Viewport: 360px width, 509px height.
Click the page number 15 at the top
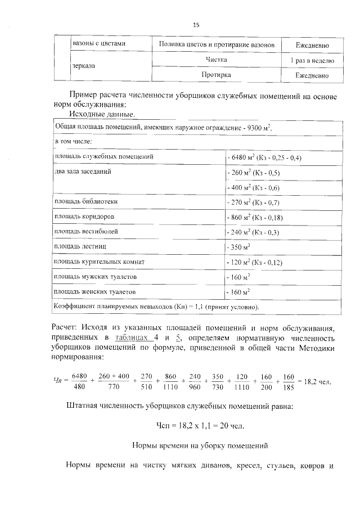click(x=196, y=25)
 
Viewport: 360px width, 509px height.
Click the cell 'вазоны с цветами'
click(x=99, y=43)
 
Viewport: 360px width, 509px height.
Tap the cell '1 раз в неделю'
click(x=312, y=60)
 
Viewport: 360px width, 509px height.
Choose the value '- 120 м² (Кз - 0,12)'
click(x=254, y=263)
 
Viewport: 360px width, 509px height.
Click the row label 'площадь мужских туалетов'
click(x=94, y=277)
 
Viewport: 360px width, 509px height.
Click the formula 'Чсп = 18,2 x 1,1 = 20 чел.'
click(x=200, y=424)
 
